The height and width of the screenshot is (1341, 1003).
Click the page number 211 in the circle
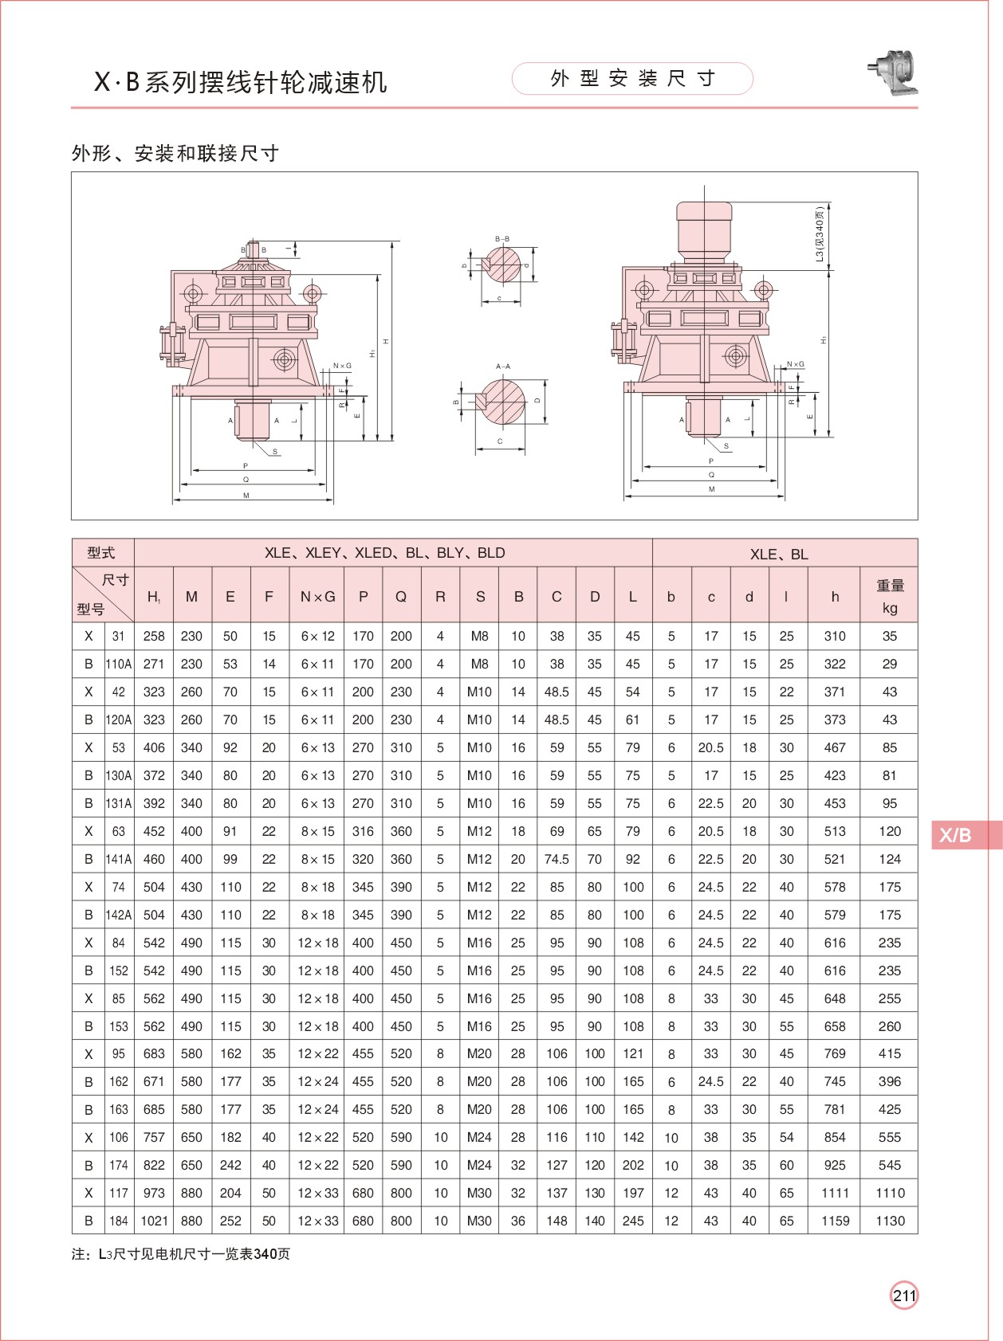pyautogui.click(x=904, y=1296)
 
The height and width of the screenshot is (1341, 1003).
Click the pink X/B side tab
pyautogui.click(x=965, y=835)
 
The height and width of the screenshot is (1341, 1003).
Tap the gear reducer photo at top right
pyautogui.click(x=895, y=73)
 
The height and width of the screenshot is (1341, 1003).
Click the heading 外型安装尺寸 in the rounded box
pyautogui.click(x=632, y=78)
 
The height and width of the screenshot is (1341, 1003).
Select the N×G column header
pyautogui.click(x=317, y=596)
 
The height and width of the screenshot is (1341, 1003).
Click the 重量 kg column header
pyautogui.click(x=890, y=596)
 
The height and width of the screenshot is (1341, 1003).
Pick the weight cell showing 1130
pyautogui.click(x=890, y=1221)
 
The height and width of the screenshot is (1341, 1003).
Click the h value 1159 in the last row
pyautogui.click(x=835, y=1221)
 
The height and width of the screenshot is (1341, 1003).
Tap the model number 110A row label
pyautogui.click(x=119, y=664)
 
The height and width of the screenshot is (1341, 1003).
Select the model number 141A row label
pyautogui.click(x=119, y=859)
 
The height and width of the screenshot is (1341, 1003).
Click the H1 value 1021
pyautogui.click(x=154, y=1221)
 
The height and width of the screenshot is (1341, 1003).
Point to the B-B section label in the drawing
pyautogui.click(x=502, y=239)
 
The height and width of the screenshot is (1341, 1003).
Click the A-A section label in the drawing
pyautogui.click(x=503, y=367)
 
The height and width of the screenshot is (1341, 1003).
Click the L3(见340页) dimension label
pyautogui.click(x=820, y=235)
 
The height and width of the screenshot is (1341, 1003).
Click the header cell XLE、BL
pyautogui.click(x=779, y=554)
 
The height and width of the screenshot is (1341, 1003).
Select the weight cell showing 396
pyautogui.click(x=890, y=1081)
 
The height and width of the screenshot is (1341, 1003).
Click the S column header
pyautogui.click(x=480, y=596)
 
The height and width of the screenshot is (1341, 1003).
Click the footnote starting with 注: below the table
pyautogui.click(x=181, y=1254)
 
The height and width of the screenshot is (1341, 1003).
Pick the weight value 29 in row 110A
pyautogui.click(x=890, y=664)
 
